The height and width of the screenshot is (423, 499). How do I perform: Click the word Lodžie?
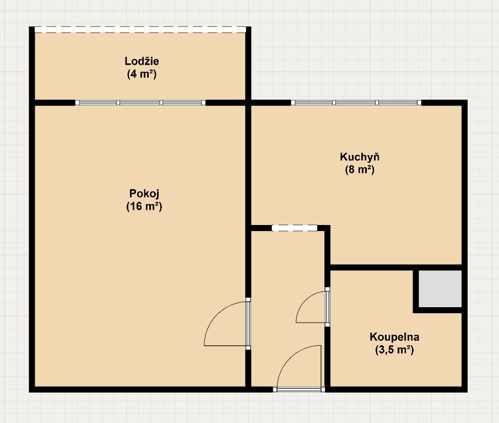[142, 61]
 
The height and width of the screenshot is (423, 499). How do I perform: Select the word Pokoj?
[144, 194]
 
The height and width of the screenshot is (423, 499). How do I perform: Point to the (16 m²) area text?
[144, 207]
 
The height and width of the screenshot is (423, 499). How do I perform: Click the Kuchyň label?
[359, 157]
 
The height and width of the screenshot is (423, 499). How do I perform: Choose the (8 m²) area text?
[359, 170]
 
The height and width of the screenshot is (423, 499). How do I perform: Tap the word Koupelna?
[394, 336]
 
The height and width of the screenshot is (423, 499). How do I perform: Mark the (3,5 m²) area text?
[394, 349]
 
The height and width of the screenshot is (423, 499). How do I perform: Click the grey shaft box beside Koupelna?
[440, 289]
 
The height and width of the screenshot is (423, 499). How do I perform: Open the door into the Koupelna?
[327, 307]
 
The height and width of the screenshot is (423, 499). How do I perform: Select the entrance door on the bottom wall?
[299, 389]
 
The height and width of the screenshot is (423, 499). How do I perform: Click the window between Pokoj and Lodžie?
[140, 103]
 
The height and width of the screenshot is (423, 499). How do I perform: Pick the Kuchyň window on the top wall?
[356, 103]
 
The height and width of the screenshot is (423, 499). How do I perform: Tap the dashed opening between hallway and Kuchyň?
[295, 228]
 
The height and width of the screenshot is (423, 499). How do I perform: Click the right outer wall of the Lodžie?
[248, 63]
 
